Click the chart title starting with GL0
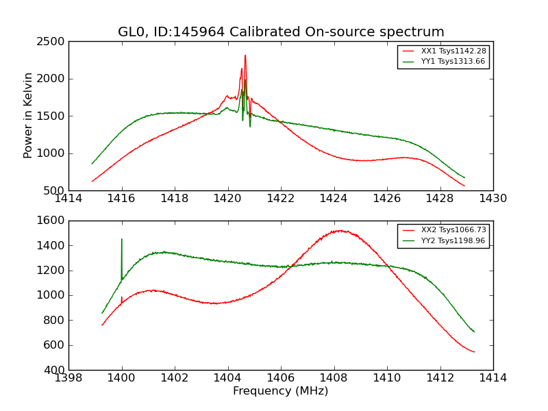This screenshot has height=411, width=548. coord(281,32)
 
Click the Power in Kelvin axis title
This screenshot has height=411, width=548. coord(28,115)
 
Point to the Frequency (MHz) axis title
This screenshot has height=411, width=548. coord(281,391)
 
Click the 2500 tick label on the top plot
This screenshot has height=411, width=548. coord(52,42)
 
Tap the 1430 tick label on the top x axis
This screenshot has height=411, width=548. coord(493,199)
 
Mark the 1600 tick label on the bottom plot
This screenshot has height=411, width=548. coord(52,221)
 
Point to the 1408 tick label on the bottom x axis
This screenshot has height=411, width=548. coord(334,378)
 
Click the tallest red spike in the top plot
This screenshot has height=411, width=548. coord(245,56)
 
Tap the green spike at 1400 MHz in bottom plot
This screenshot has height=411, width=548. coord(122,240)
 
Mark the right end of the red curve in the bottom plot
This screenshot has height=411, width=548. coord(474,352)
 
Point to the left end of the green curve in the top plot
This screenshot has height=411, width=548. coord(92,163)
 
